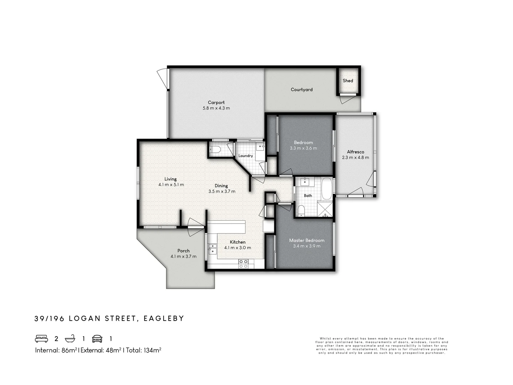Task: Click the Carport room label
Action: [x=216, y=102]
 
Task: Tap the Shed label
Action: [x=348, y=81]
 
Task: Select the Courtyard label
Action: [x=301, y=89]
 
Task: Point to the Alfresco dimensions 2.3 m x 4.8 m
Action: [x=356, y=158]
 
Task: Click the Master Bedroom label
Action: [x=306, y=240]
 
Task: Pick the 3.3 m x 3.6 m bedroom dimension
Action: [x=303, y=148]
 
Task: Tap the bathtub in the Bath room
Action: [x=326, y=189]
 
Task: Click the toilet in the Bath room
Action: [x=301, y=210]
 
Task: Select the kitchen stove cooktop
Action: [x=243, y=264]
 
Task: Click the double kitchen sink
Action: [x=212, y=248]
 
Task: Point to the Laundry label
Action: [x=245, y=156]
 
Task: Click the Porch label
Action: [x=183, y=251]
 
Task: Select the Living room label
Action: [x=170, y=179]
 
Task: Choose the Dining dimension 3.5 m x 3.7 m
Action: [x=222, y=191]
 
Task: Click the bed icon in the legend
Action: [x=41, y=338]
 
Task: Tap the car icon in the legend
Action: [x=97, y=338]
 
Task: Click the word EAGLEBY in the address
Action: [x=164, y=318]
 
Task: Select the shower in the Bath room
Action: [x=325, y=210]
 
